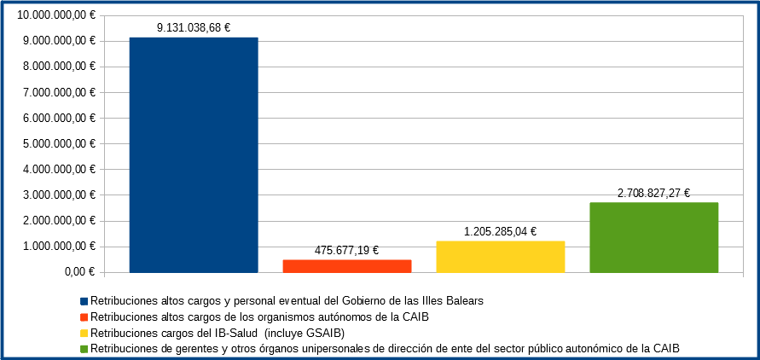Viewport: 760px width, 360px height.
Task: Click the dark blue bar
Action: [x=193, y=155]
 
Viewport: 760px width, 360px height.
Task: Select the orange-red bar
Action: [x=346, y=266]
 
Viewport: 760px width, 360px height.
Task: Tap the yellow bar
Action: [x=500, y=257]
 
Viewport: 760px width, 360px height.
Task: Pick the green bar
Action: [x=653, y=237]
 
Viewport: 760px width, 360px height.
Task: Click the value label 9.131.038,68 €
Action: [x=194, y=27]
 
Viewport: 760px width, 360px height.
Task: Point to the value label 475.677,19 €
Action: [x=346, y=250]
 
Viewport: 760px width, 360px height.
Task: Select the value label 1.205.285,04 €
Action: [x=501, y=231]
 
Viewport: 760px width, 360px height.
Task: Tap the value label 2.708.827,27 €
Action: [x=653, y=193]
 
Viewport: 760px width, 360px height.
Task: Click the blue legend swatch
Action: [x=84, y=301]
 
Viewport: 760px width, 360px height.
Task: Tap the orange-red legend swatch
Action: [x=84, y=316]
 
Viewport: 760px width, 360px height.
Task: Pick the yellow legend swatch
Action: [x=84, y=333]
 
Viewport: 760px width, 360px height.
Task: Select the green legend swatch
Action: [x=84, y=348]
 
